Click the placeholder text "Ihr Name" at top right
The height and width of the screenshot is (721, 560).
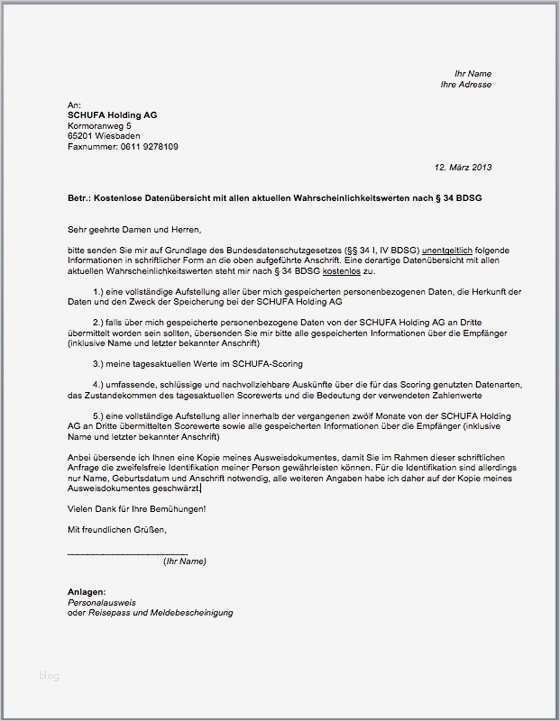[x=473, y=74]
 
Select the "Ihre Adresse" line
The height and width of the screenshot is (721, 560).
[x=466, y=85]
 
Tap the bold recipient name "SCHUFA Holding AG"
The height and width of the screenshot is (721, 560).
[x=112, y=115]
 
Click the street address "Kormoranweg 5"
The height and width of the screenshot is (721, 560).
[x=99, y=126]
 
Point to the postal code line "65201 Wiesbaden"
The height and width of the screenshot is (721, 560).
[x=103, y=136]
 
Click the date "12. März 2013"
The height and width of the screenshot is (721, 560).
[x=463, y=167]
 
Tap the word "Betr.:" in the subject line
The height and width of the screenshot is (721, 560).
[x=79, y=199]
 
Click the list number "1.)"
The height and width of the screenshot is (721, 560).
[x=98, y=290]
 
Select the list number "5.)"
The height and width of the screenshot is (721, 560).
[x=98, y=414]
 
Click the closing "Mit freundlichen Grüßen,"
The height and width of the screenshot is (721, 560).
[x=116, y=528]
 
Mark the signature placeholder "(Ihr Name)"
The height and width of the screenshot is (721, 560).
[x=184, y=561]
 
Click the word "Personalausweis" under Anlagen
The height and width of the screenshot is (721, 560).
[x=100, y=603]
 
